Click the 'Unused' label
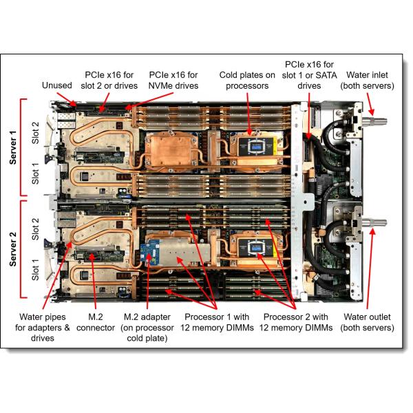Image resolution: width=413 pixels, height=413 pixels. [x=56, y=85]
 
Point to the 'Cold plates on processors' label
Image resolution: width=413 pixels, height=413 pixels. [x=247, y=80]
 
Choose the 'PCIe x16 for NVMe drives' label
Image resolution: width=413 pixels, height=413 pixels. [x=173, y=80]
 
